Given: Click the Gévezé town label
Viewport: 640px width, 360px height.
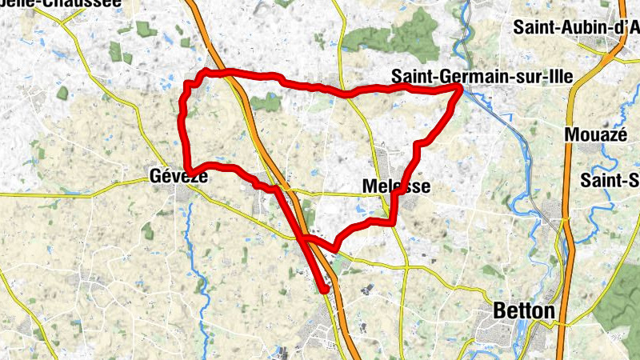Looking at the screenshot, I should pos(178,178).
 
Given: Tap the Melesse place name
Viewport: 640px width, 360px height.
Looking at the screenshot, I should pos(396,186).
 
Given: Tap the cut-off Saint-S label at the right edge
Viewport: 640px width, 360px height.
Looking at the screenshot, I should pos(610,179).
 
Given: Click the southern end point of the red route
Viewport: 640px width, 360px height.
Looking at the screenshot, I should pos(324,290).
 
